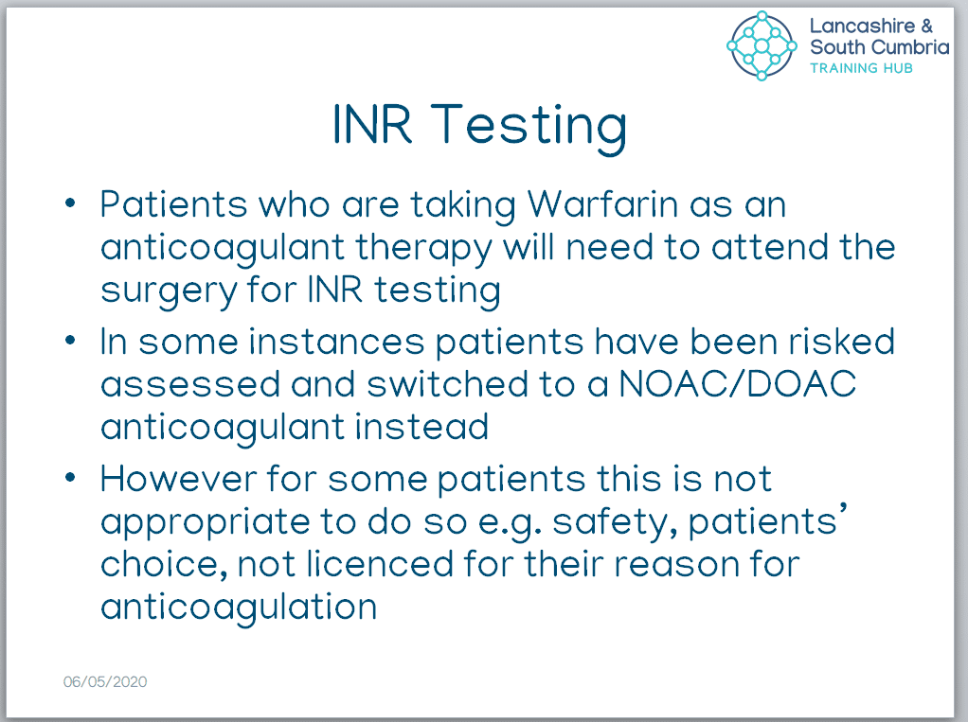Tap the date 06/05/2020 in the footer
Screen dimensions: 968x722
[x=105, y=682]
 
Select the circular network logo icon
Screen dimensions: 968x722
[x=762, y=45]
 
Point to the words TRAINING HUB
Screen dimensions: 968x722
[x=861, y=68]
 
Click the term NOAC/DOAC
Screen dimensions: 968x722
[x=737, y=384]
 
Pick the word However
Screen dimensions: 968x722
[x=178, y=479]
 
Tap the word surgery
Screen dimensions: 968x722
[x=169, y=291]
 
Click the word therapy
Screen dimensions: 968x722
[x=423, y=249]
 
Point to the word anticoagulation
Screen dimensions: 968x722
[x=239, y=608]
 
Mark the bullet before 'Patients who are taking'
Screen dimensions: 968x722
[x=70, y=203]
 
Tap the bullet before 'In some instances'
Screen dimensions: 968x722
[x=70, y=341]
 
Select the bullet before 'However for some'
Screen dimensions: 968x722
[x=70, y=477]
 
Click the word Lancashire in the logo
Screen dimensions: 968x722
[x=863, y=26]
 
